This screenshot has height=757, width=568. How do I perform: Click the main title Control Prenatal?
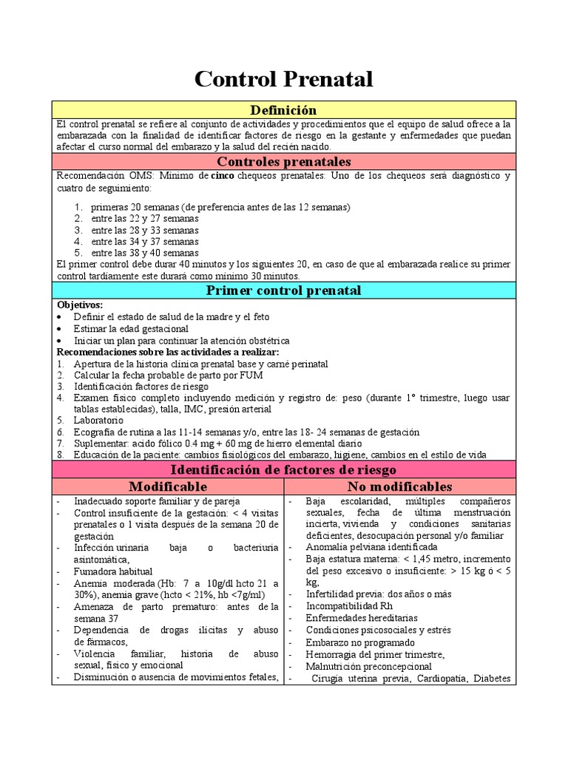click(284, 79)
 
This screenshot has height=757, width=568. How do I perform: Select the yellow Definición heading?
click(284, 110)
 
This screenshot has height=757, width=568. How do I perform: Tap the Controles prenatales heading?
click(284, 161)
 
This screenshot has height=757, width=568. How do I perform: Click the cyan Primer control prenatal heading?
click(284, 291)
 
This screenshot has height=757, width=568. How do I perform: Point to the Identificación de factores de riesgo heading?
click(284, 469)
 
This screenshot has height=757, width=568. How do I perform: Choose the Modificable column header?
click(168, 486)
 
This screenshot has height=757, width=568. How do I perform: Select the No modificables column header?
click(399, 486)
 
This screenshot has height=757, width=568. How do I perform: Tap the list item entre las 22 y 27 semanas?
click(145, 219)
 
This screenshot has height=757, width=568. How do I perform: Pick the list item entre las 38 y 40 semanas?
click(145, 252)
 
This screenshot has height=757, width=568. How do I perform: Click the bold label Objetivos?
click(80, 305)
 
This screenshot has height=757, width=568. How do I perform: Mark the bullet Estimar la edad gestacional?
click(131, 328)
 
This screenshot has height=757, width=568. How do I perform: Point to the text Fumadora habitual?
click(113, 571)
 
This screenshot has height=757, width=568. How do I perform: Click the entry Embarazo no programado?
click(356, 642)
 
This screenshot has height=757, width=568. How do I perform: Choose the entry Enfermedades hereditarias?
click(362, 618)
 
